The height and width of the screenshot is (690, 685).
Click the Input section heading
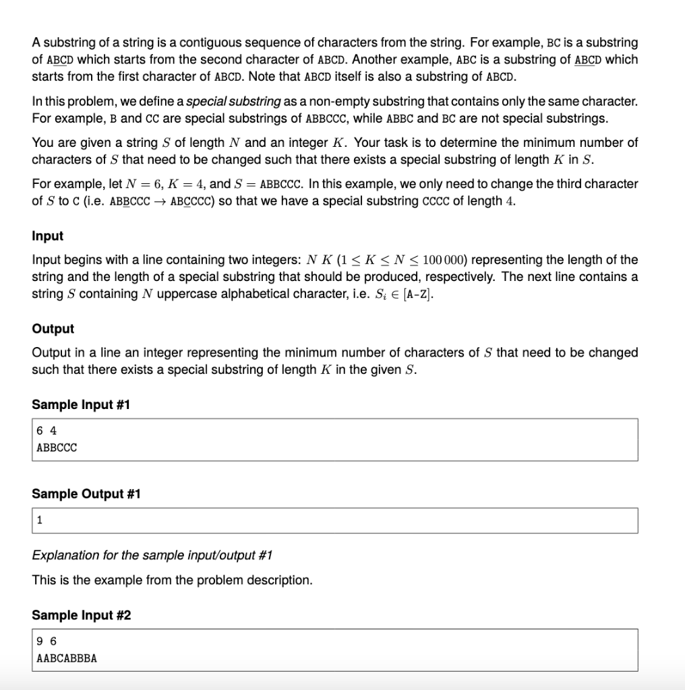pyautogui.click(x=47, y=236)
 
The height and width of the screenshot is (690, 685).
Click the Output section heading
pyautogui.click(x=53, y=329)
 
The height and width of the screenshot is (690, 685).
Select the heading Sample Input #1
pyautogui.click(x=81, y=405)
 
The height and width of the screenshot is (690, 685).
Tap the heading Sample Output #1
pyautogui.click(x=86, y=494)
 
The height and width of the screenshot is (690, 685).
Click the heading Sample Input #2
pyautogui.click(x=81, y=615)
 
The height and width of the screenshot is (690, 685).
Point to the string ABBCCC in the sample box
pyautogui.click(x=57, y=447)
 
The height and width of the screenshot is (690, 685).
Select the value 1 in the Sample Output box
pyautogui.click(x=40, y=520)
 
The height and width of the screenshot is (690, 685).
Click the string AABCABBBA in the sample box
pyautogui.click(x=67, y=658)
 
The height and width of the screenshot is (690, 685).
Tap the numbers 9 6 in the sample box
pyautogui.click(x=47, y=641)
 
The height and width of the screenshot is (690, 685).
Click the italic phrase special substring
pyautogui.click(x=233, y=102)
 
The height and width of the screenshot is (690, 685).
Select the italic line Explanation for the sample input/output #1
pyautogui.click(x=152, y=555)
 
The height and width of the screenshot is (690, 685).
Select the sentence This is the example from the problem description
pyautogui.click(x=173, y=580)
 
